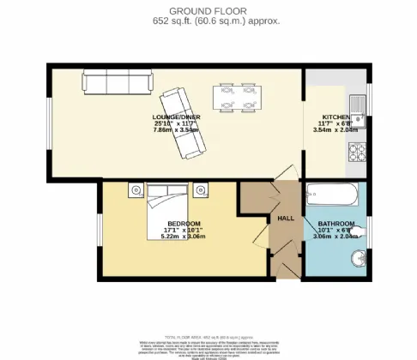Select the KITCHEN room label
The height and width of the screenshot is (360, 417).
point(335,117)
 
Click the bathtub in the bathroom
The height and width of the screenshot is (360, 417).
point(331,194)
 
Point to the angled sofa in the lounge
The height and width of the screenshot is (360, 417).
point(181,123)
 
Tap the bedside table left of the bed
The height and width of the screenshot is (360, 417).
point(134,189)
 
